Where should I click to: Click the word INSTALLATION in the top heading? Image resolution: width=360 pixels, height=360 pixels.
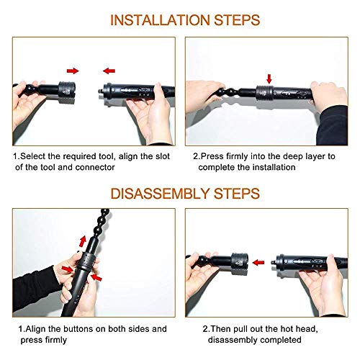(153, 19)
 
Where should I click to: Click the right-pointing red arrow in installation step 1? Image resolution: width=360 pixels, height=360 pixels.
(73, 71)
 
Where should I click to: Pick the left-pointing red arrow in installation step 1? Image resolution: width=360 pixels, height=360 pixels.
(108, 71)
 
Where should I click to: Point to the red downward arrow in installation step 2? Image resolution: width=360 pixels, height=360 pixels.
(269, 77)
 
